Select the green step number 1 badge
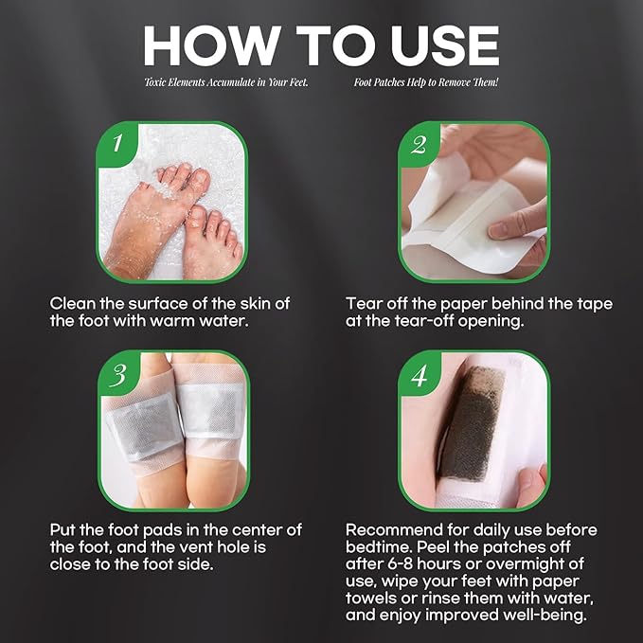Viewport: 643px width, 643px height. pyautogui.click(x=116, y=145)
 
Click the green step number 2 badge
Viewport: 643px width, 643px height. pyautogui.click(x=418, y=145)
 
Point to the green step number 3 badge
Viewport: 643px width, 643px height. pyautogui.click(x=116, y=374)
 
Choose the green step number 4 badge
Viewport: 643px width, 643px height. pyautogui.click(x=418, y=374)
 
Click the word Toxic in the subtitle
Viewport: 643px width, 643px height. pyautogui.click(x=156, y=83)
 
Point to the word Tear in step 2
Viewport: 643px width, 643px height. pyautogui.click(x=365, y=304)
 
